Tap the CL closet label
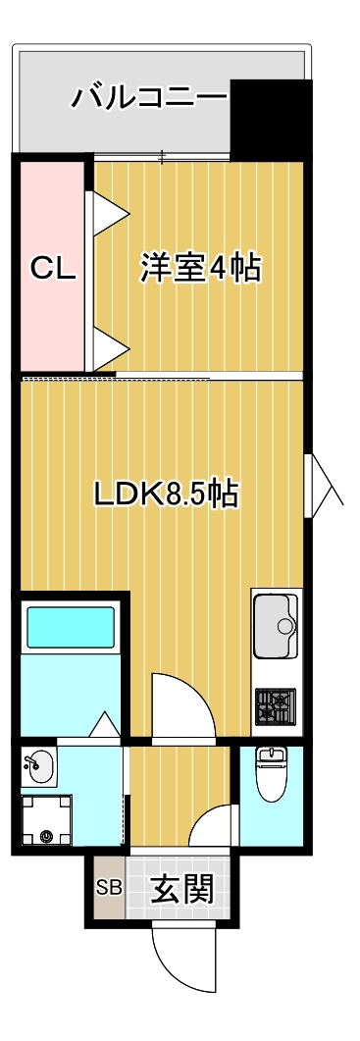(52, 268)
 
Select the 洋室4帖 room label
(201, 268)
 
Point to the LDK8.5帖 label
(167, 493)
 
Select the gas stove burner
(275, 704)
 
